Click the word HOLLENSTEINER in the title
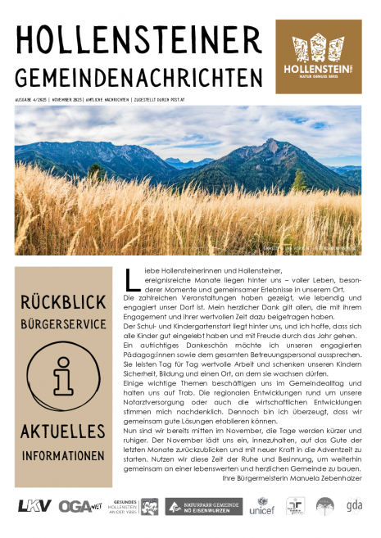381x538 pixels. click(x=131, y=41)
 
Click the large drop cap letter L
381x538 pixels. click(x=132, y=280)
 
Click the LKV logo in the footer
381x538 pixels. click(x=34, y=506)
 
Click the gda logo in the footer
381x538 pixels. click(x=353, y=506)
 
